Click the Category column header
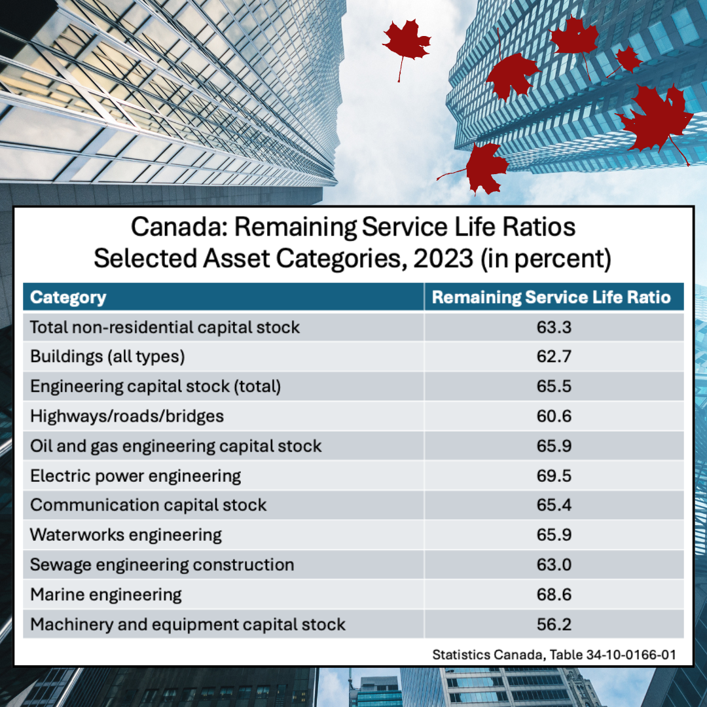(68, 297)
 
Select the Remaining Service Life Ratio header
(552, 297)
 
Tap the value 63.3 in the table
(554, 327)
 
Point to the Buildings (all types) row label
(108, 357)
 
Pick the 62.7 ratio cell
(554, 357)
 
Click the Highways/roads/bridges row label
(127, 416)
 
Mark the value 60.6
(554, 416)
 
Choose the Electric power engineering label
(136, 475)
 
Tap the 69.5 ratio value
(554, 475)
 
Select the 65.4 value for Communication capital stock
(554, 505)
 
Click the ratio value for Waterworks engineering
(554, 535)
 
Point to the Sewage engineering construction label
(162, 564)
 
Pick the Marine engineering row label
(106, 594)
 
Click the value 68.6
(554, 594)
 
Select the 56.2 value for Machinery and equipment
(554, 624)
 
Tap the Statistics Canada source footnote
(554, 654)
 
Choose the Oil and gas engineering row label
(176, 446)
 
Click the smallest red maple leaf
(628, 60)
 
